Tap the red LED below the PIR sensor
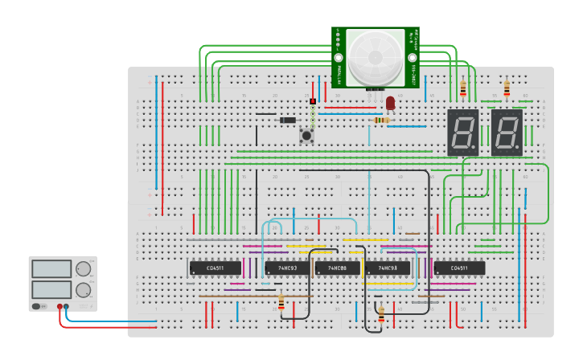coord(391,103)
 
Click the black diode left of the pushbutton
coord(287,120)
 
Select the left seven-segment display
coord(463,132)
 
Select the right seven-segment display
coord(507,132)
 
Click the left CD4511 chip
coord(216,268)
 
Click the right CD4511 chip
coord(459,268)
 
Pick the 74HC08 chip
coord(337,268)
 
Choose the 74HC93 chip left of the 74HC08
coord(287,268)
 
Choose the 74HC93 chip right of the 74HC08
coord(388,268)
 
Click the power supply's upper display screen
coord(51,269)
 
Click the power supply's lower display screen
coord(51,289)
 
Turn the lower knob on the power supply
coord(84,289)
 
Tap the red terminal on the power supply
coord(60,306)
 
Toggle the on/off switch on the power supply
coord(37,306)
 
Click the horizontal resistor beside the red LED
coord(382,120)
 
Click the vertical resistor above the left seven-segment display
coord(462,88)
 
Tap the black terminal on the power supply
coord(67,306)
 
